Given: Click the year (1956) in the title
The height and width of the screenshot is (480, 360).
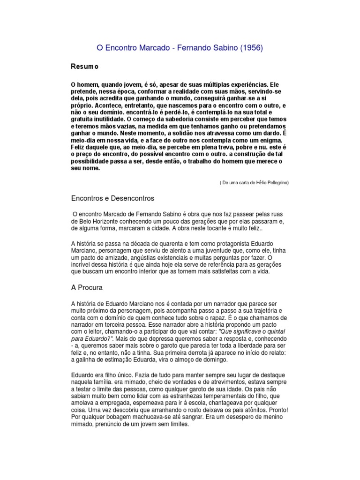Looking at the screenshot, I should point(250,48).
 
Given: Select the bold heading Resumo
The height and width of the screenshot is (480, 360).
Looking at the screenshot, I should point(84,67).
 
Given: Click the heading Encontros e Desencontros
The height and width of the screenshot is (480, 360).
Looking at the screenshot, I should point(112,198).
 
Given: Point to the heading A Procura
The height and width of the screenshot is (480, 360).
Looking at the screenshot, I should point(87,287).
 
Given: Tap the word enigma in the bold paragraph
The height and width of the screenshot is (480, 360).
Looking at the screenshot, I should point(270,140).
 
